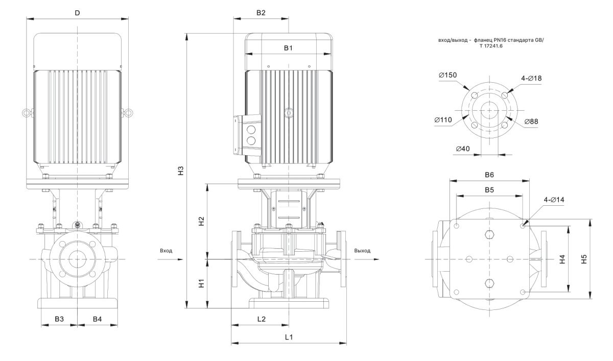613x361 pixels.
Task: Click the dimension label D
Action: [77, 13]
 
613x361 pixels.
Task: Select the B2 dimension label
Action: [261, 13]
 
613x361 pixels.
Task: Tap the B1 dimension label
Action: [288, 47]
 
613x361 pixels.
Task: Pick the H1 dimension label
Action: [201, 283]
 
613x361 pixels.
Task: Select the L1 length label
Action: [288, 337]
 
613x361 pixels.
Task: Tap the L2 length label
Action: [261, 319]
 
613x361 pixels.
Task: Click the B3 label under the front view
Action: [59, 319]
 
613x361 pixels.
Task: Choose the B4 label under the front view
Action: [97, 319]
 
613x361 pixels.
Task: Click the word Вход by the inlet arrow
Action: [166, 251]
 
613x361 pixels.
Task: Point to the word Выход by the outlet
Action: [362, 251]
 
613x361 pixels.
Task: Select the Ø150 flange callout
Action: [447, 75]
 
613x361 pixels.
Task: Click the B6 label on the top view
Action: [489, 174]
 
